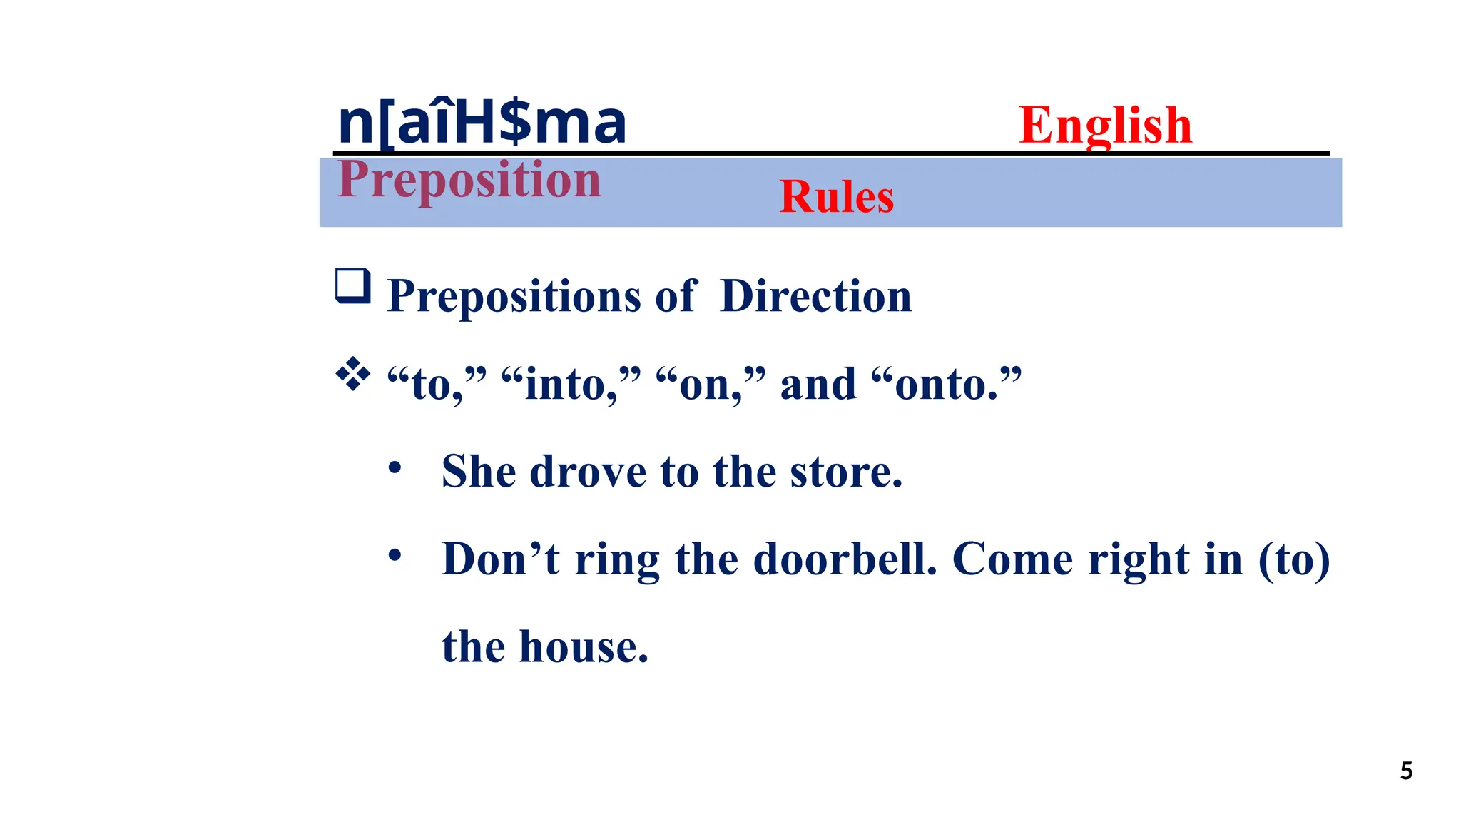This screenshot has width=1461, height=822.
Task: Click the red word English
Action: tap(1104, 125)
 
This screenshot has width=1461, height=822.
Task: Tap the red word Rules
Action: tap(836, 196)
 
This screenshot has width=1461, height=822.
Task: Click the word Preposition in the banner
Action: tap(469, 179)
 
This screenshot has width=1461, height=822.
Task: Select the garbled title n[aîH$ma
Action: tap(482, 123)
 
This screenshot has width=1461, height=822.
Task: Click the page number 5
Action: tap(1406, 771)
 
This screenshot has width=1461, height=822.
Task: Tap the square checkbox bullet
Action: tap(353, 286)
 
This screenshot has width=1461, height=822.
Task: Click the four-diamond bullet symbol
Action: tap(353, 374)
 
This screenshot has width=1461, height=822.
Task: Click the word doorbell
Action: tap(845, 559)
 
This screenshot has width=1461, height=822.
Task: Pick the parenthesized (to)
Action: tap(1293, 560)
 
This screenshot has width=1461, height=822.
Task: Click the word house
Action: tap(583, 647)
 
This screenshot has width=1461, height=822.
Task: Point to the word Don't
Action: tap(500, 559)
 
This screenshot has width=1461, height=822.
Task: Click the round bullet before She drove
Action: tap(394, 469)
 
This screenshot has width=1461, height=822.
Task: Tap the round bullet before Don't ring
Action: tap(394, 555)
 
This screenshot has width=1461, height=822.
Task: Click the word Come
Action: tap(1012, 559)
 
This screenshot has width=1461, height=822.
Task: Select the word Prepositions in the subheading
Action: tap(514, 297)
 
